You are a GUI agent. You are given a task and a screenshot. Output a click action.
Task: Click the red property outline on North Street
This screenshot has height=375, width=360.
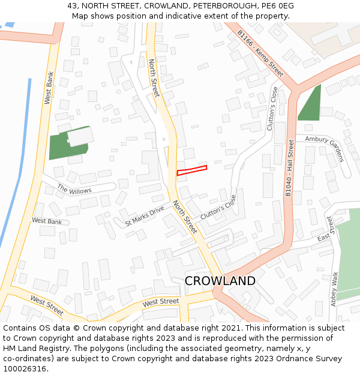192,170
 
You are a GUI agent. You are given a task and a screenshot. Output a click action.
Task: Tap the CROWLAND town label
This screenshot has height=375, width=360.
220,281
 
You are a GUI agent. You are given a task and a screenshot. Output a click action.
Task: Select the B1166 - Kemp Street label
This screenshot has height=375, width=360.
260,53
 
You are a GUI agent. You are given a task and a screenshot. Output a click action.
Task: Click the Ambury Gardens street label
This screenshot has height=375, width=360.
325,148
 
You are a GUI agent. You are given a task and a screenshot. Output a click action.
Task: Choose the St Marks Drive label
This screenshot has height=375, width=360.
144,215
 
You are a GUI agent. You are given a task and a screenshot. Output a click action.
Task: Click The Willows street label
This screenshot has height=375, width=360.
74,190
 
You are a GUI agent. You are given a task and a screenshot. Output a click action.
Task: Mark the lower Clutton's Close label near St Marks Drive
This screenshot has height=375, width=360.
218,207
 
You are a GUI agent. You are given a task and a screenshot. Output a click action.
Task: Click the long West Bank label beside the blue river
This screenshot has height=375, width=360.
49,88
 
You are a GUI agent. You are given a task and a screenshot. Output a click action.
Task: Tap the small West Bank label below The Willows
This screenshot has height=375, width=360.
47,221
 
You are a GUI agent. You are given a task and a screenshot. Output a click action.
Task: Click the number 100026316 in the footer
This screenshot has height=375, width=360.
25,368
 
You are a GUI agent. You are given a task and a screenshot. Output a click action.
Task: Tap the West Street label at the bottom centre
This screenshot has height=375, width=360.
161,301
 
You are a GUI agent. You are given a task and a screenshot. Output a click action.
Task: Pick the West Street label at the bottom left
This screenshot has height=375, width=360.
47,305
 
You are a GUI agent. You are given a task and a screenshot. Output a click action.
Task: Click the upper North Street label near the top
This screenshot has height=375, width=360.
154,78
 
